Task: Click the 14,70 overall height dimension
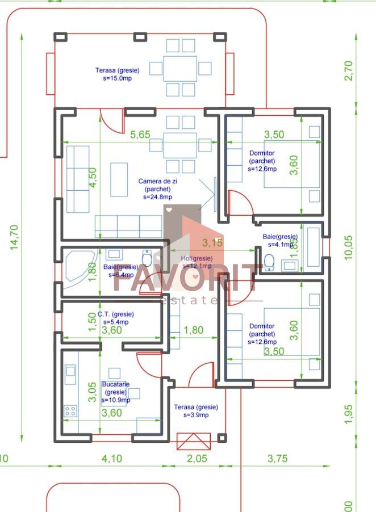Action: pyautogui.click(x=15, y=237)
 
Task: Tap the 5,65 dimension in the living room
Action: pyautogui.click(x=140, y=135)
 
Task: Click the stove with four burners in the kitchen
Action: pyautogui.click(x=70, y=411)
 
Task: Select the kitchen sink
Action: pyautogui.click(x=70, y=372)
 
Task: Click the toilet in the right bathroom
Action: pyautogui.click(x=270, y=262)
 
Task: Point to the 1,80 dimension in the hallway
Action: pyautogui.click(x=195, y=329)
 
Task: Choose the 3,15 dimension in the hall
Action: pyautogui.click(x=212, y=243)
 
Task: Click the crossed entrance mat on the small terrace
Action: pyautogui.click(x=194, y=441)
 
